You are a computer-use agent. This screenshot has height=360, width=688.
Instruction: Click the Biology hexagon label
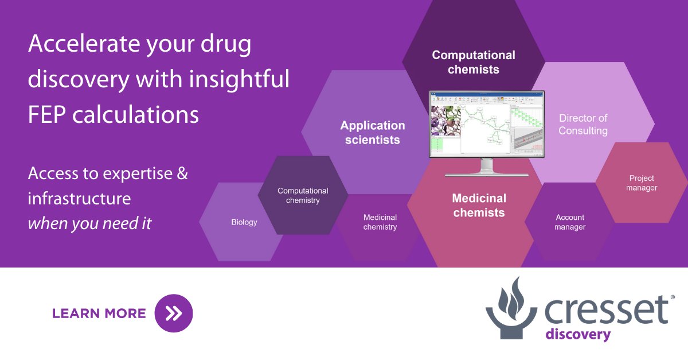tap(244, 222)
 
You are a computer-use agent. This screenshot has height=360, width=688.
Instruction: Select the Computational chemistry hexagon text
tap(303, 195)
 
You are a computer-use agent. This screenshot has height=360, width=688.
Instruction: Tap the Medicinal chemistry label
tap(380, 222)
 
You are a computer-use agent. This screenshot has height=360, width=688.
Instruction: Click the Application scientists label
tap(373, 132)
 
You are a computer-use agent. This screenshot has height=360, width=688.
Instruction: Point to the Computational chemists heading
tap(474, 62)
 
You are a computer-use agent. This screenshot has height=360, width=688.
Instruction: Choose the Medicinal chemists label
tap(479, 205)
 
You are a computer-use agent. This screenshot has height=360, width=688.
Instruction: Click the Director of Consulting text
tap(583, 124)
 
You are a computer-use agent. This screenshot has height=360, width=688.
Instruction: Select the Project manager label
tap(642, 183)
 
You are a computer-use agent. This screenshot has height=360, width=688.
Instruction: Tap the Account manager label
tap(570, 222)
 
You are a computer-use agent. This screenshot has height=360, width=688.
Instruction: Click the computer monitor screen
tap(487, 125)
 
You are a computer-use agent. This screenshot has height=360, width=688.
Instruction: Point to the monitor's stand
tap(487, 167)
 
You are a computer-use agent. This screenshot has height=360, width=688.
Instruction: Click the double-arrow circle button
tap(174, 313)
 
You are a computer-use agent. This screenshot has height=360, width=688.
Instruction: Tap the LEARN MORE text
tap(99, 313)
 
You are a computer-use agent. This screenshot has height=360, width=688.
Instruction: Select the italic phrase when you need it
tap(89, 223)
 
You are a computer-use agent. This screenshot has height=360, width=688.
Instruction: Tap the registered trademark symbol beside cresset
tap(673, 297)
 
